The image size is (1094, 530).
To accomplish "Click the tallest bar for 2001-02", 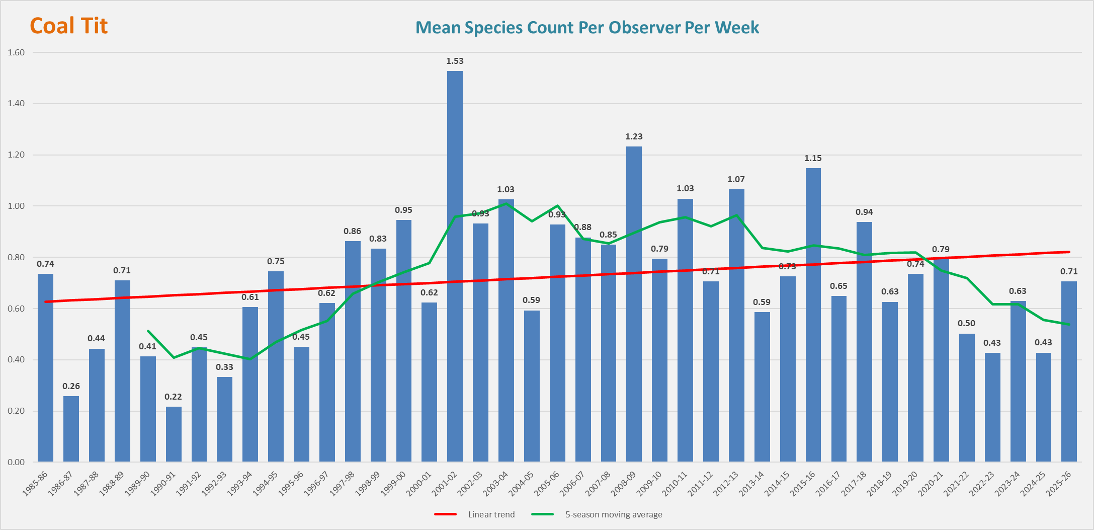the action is pyautogui.click(x=455, y=266).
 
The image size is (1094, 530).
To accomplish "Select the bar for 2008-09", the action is pyautogui.click(x=634, y=304).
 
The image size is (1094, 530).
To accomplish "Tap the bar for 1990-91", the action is pyautogui.click(x=174, y=434).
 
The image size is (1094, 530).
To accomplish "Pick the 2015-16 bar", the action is pyautogui.click(x=813, y=315).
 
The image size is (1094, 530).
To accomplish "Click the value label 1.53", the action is pyautogui.click(x=455, y=61).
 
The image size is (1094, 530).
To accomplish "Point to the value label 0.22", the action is pyautogui.click(x=174, y=397).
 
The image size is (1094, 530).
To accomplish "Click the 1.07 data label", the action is pyautogui.click(x=736, y=179).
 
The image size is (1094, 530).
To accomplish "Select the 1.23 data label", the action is pyautogui.click(x=634, y=136).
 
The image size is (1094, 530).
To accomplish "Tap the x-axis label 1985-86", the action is pyautogui.click(x=35, y=483).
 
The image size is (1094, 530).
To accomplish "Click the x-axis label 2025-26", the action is pyautogui.click(x=1059, y=483).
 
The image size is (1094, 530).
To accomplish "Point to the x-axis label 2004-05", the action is pyautogui.click(x=522, y=483).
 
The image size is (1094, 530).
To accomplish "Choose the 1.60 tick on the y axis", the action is pyautogui.click(x=16, y=52).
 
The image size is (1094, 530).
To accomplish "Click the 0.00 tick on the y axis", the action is pyautogui.click(x=16, y=462).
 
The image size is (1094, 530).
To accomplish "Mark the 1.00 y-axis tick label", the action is pyautogui.click(x=16, y=206).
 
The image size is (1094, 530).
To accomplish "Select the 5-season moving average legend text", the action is pyautogui.click(x=614, y=514).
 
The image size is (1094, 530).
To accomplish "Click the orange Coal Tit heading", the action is pyautogui.click(x=69, y=26).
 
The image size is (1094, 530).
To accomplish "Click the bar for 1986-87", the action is pyautogui.click(x=71, y=429).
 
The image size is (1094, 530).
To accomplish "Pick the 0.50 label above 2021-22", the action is pyautogui.click(x=966, y=323).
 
